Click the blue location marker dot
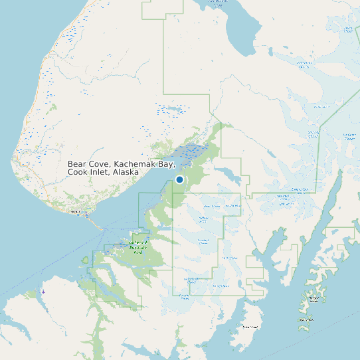click(179, 179)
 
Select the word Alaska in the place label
click(126, 172)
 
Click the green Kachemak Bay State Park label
click(137, 247)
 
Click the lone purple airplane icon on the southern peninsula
click(43, 292)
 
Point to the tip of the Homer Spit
click(104, 229)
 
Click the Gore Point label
click(250, 327)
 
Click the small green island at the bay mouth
click(85, 259)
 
